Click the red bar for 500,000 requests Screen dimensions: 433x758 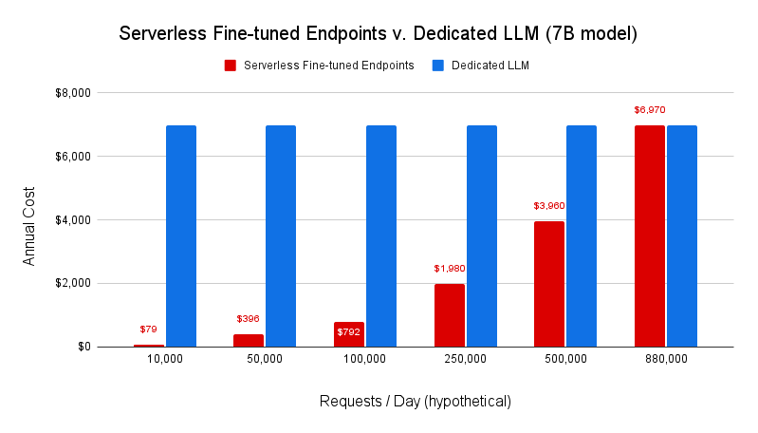pos(549,284)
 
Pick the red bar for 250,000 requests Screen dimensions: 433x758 pos(450,315)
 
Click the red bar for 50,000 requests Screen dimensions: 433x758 pos(249,340)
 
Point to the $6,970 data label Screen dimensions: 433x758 pos(650,110)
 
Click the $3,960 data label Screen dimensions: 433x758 pos(549,205)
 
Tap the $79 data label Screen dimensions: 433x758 pos(148,329)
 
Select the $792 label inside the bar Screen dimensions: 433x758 pos(348,332)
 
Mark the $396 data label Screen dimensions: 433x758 pos(249,318)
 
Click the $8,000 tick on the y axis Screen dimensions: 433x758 pos(71,93)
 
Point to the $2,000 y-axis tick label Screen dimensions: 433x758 pos(71,283)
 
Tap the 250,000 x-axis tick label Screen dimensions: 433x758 pos(465,360)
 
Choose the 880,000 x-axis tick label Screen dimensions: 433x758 pos(665,360)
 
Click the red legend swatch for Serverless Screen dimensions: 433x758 pos(231,66)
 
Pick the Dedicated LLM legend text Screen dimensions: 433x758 pos(490,66)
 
